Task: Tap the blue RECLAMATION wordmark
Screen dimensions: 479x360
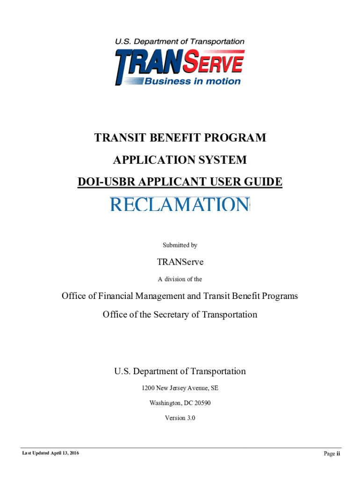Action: (180, 204)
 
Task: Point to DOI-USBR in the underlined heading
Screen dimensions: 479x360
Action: (100, 182)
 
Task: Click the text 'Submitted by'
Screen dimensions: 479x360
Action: (180, 245)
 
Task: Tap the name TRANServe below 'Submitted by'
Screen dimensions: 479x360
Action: (180, 262)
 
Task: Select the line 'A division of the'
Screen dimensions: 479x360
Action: (180, 279)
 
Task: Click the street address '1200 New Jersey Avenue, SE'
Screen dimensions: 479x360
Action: (180, 388)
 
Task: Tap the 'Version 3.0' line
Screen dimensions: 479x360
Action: (180, 418)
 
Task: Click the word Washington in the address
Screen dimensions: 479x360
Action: (165, 403)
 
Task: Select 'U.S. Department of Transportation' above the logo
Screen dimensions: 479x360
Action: (180, 42)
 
